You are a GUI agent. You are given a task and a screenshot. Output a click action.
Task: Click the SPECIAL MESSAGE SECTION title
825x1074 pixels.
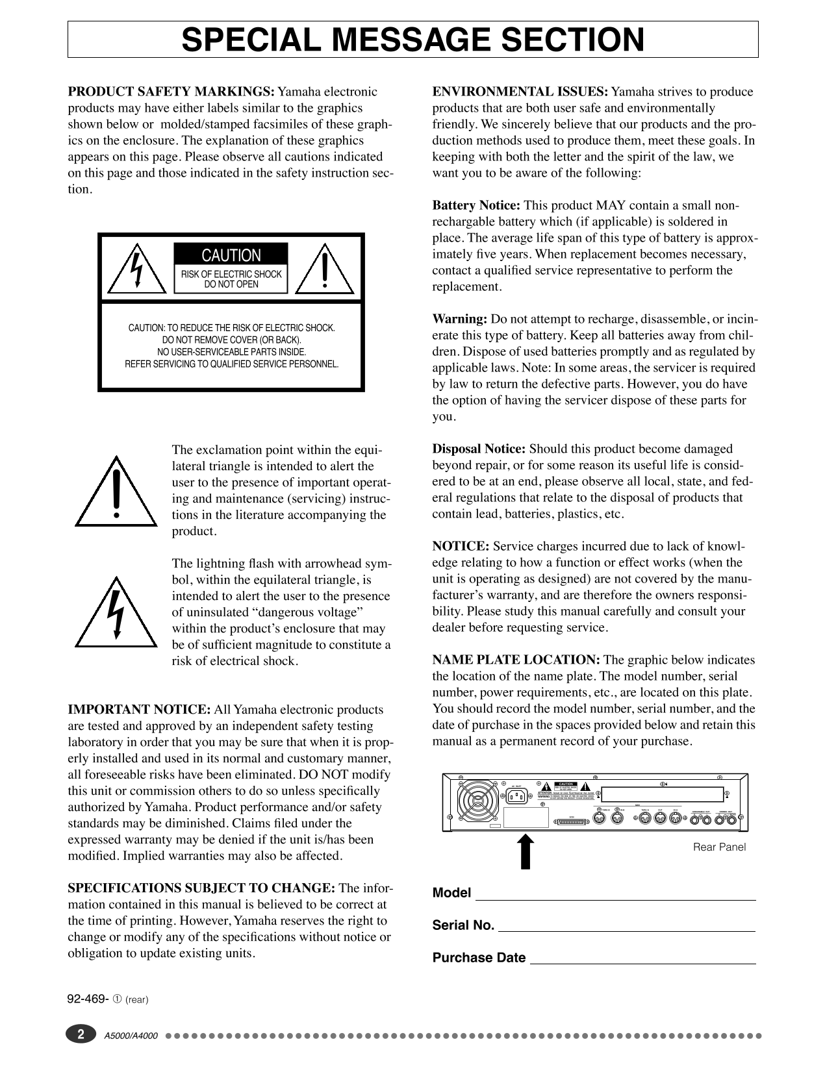pyautogui.click(x=412, y=40)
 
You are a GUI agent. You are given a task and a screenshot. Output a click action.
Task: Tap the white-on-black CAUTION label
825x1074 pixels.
pyautogui.click(x=231, y=255)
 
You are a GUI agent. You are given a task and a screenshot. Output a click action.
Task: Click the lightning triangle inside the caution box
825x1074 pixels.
pyautogui.click(x=136, y=268)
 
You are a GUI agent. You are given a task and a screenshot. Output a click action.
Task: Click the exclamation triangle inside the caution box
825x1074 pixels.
pyautogui.click(x=325, y=269)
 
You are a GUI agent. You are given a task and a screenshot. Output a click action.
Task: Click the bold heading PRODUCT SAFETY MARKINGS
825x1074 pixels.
pyautogui.click(x=171, y=92)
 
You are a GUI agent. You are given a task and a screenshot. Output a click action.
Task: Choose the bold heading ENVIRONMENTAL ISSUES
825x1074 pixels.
pyautogui.click(x=520, y=92)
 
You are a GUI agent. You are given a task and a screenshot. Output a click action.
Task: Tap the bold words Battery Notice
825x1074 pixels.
pyautogui.click(x=476, y=206)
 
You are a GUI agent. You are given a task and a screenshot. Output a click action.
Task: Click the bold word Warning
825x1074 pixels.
pyautogui.click(x=459, y=319)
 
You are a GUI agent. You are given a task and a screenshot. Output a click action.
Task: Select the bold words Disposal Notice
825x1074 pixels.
pyautogui.click(x=479, y=449)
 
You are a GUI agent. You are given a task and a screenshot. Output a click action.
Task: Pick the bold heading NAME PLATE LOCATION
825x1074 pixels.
pyautogui.click(x=516, y=660)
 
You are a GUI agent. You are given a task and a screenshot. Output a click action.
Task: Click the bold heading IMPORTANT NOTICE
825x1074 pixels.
pyautogui.click(x=139, y=710)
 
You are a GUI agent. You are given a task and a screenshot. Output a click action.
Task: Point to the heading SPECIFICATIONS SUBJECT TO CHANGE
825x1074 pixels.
pyautogui.click(x=201, y=888)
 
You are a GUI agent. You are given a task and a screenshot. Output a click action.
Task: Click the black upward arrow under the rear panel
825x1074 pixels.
pyautogui.click(x=526, y=851)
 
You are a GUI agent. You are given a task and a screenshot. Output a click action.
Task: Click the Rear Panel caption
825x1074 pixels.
pyautogui.click(x=719, y=847)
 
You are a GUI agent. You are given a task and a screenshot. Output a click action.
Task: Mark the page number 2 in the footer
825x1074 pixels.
pyautogui.click(x=81, y=1034)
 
